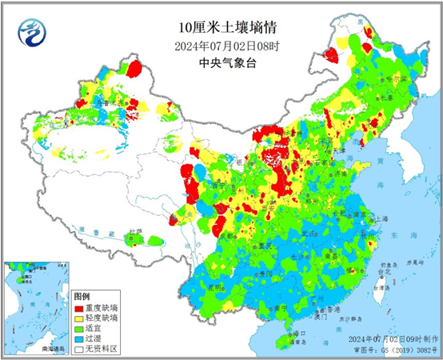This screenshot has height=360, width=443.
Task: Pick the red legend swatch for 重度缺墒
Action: pos(79,306)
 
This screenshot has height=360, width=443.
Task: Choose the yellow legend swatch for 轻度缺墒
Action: pos(79,317)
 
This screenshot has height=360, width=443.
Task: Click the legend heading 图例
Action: pos(82,296)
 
